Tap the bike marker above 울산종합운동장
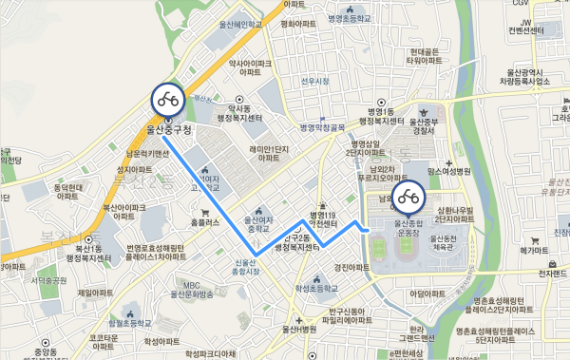click(411, 198)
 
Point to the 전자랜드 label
click(552, 274)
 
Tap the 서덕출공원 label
click(46, 280)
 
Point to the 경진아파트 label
click(351, 268)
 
